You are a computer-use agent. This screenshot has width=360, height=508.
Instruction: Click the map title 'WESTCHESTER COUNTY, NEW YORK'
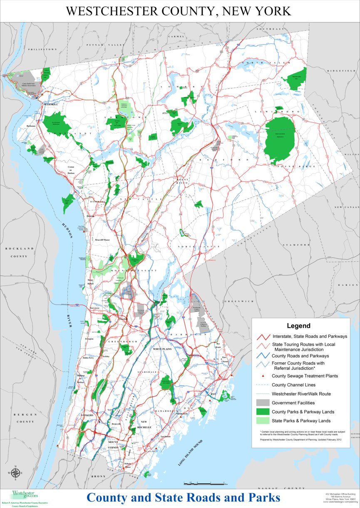coord(179,11)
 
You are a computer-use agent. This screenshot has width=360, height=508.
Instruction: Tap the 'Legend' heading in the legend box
coord(298,326)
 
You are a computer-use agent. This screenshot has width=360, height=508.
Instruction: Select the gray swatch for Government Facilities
coord(262,403)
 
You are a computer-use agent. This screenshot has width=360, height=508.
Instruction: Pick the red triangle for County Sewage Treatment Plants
coord(262,376)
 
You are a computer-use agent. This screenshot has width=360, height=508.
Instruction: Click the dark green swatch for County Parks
coord(262,412)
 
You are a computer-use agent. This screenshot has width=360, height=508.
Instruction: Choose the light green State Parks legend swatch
coord(262,421)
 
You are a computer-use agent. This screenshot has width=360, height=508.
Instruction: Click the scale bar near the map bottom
coord(204,483)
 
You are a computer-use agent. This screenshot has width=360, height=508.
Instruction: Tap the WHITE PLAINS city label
coord(165,349)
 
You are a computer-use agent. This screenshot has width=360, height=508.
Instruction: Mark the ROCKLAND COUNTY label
coord(19,252)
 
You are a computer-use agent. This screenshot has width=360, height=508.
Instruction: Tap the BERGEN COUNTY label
coord(25,418)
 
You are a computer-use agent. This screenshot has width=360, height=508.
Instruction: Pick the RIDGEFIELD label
coord(341,71)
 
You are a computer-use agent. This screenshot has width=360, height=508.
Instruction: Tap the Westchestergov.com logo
coord(25,495)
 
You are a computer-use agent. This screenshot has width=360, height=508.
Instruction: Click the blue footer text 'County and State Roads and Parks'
coord(183,498)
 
